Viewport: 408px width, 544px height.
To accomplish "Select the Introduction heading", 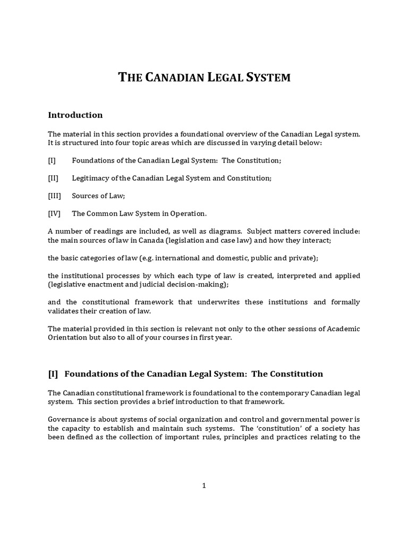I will click(x=75, y=115).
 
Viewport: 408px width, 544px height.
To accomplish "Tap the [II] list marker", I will click(x=53, y=178).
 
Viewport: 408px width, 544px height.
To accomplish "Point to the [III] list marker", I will click(x=54, y=196).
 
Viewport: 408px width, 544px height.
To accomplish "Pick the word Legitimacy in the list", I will click(x=90, y=178).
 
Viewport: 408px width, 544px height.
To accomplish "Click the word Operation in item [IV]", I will click(x=188, y=214).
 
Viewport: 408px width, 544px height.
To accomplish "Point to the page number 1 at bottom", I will click(x=203, y=485).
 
